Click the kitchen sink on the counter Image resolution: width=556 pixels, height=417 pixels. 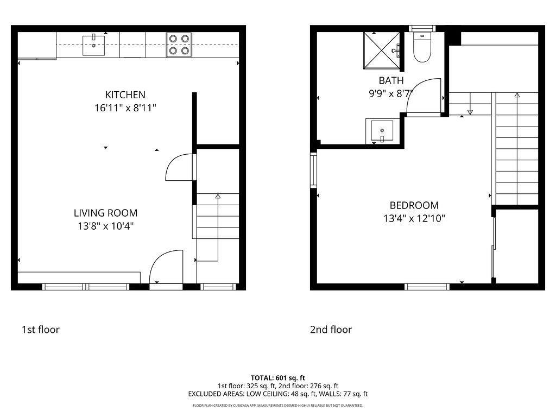click(94, 45)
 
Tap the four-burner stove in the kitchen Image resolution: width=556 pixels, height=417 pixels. click(179, 45)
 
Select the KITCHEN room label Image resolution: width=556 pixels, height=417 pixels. click(125, 95)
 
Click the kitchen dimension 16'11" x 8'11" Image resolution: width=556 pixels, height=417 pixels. click(125, 108)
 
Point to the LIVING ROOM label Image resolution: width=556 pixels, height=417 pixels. click(106, 213)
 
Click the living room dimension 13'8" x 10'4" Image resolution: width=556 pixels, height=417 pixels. click(106, 226)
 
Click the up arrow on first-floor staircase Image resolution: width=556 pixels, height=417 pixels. click(218, 197)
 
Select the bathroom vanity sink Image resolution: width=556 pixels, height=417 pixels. click(382, 131)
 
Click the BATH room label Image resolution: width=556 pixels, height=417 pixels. click(391, 80)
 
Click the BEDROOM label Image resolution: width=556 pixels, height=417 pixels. click(414, 205)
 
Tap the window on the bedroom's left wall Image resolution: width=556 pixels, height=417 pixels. click(313, 170)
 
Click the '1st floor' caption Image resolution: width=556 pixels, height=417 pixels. click(41, 330)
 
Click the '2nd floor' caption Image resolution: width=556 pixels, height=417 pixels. click(331, 330)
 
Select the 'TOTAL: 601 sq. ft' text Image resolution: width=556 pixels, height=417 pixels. click(278, 377)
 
